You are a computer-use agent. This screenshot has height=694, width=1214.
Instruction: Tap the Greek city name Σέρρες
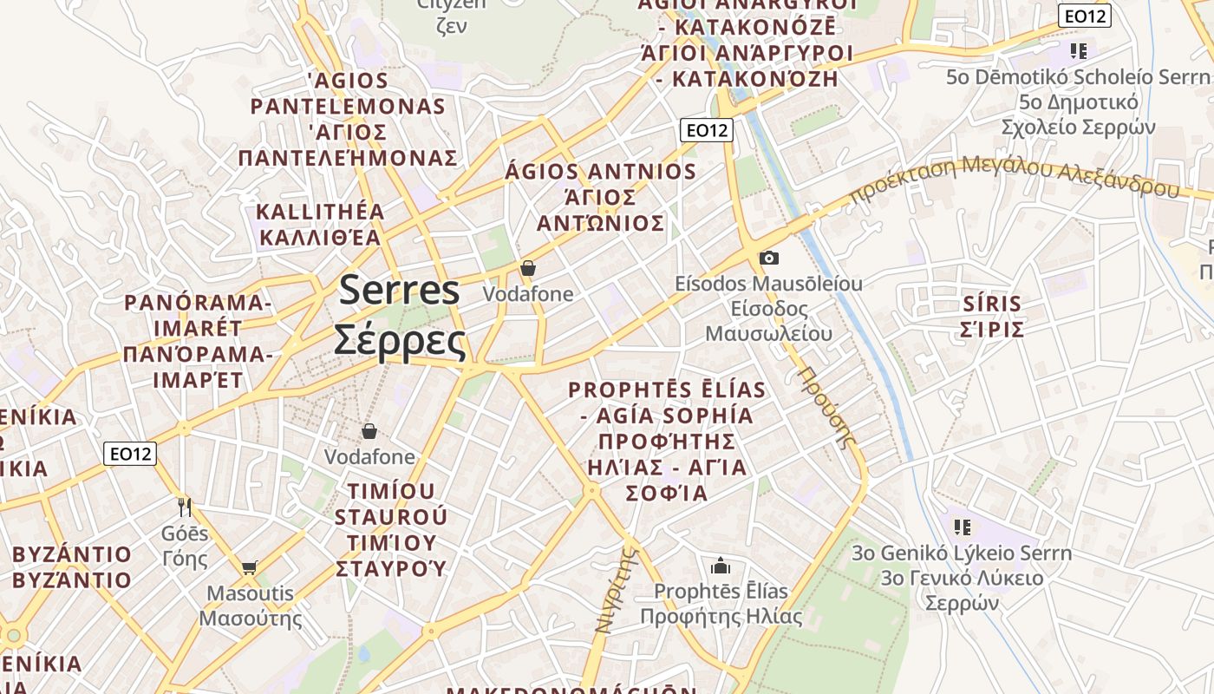coord(400,340)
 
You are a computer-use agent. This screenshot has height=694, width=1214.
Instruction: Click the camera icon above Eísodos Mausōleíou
coord(768,258)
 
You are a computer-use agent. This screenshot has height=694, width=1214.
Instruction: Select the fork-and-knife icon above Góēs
coord(184,507)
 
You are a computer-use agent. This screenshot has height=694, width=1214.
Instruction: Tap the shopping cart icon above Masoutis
coord(250,568)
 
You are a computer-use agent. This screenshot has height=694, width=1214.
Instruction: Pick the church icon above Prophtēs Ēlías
coord(721,566)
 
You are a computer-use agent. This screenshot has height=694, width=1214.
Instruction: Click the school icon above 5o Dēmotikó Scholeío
coord(1079,50)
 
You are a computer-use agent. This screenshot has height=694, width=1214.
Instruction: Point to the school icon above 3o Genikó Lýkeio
coord(961,527)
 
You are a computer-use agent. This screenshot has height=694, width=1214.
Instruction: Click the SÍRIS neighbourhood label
coord(992,304)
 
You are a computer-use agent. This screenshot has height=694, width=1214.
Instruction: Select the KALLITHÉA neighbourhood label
coord(320,213)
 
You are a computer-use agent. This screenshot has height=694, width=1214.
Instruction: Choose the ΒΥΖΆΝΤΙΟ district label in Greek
coord(72,579)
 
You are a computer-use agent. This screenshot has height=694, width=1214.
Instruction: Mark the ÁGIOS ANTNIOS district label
coord(600,172)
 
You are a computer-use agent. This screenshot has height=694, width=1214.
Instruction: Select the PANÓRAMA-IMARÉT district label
coord(198,316)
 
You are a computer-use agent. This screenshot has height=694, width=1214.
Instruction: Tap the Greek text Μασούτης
coord(251,619)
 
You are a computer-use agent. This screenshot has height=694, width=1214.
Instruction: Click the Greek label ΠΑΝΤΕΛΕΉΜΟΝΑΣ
coord(348,158)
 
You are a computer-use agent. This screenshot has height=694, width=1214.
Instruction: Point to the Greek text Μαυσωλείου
coord(768,333)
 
